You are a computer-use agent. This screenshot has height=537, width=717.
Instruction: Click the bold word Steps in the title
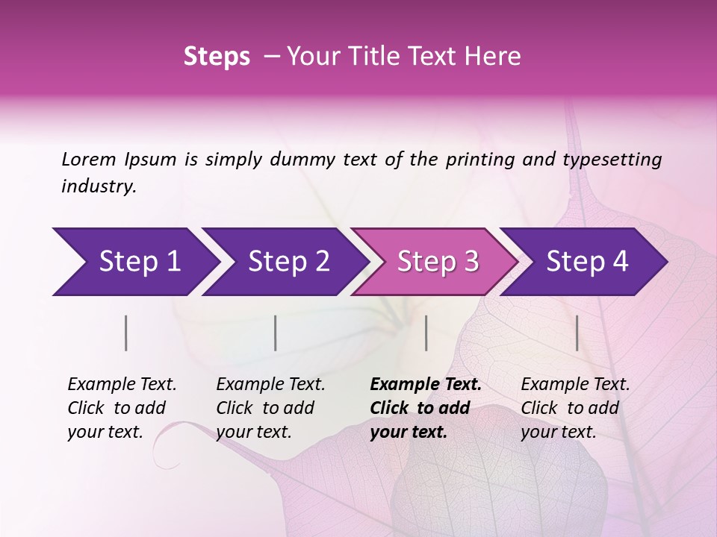click(x=217, y=57)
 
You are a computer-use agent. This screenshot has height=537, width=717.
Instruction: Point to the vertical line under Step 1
click(x=126, y=333)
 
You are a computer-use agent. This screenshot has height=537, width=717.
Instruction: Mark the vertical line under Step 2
click(x=276, y=333)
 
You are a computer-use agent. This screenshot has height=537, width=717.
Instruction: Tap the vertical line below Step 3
click(x=426, y=333)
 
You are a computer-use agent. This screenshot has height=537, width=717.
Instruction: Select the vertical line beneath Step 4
click(x=577, y=333)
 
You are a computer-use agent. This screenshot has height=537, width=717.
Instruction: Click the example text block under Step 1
click(x=122, y=408)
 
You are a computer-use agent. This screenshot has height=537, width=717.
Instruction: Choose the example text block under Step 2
click(x=270, y=408)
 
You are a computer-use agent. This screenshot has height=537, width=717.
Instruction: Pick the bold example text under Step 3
click(x=426, y=408)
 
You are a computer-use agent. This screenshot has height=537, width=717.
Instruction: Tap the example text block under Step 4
click(x=575, y=408)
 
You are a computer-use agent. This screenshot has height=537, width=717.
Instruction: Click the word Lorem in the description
click(x=89, y=160)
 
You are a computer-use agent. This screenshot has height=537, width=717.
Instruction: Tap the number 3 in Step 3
click(x=471, y=262)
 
